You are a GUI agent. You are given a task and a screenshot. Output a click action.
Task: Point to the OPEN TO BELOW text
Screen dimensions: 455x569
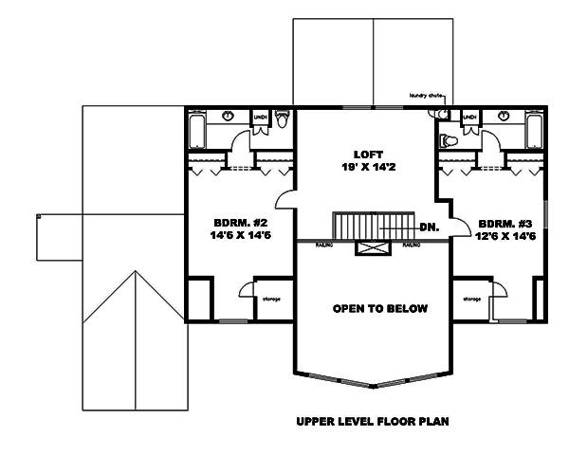[379, 309]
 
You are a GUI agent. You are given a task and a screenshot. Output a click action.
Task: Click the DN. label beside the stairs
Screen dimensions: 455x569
[428, 227]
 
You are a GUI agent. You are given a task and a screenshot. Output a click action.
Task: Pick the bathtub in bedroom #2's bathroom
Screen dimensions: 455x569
[197, 132]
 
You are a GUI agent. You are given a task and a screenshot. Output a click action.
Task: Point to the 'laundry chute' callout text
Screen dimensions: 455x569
[427, 96]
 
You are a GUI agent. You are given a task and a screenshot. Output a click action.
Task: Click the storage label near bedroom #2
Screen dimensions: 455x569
[270, 298]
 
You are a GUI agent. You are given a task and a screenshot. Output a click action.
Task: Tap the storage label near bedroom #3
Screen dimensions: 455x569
[471, 298]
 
